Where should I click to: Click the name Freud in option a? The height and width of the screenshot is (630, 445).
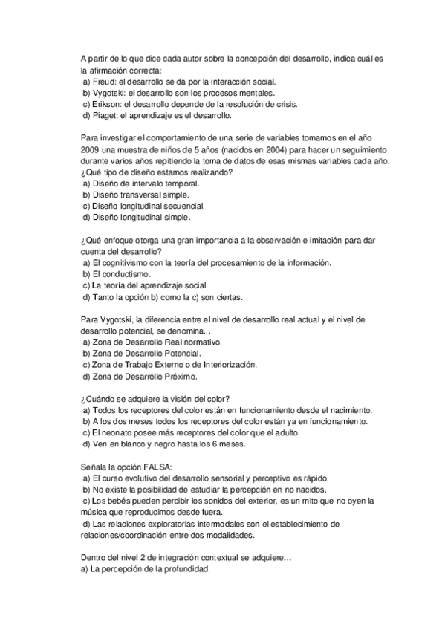[x=105, y=82]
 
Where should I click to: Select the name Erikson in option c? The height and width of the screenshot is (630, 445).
[x=108, y=105]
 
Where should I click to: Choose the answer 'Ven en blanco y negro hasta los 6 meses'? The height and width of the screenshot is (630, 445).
[x=168, y=444]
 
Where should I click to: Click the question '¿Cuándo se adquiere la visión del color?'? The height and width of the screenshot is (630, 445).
[x=155, y=399]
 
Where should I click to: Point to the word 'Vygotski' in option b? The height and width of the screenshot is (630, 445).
[x=109, y=93]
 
